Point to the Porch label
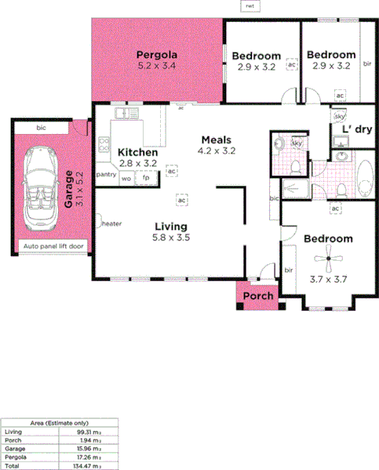point(258,296)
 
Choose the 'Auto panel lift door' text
point(53,247)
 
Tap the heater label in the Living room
point(111,224)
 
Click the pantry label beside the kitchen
point(106,175)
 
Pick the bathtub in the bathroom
point(366,179)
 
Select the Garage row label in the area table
point(14,448)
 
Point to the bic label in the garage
point(42,127)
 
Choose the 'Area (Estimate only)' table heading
point(58,422)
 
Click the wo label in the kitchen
point(126,179)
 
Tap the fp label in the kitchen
point(146,179)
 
